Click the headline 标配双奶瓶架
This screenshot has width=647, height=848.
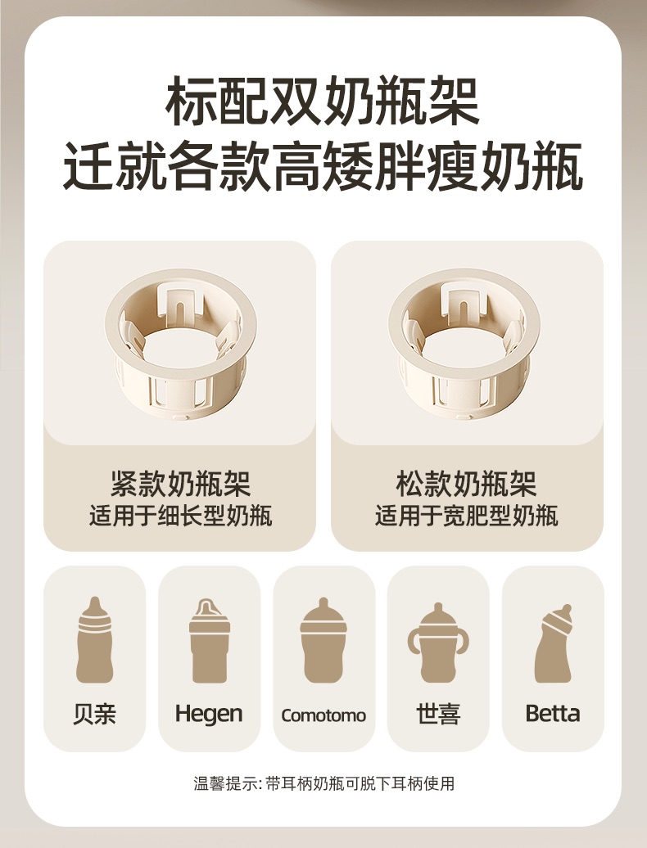point(323,102)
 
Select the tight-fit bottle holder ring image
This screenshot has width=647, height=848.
point(181,344)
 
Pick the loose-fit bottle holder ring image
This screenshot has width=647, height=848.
point(464,344)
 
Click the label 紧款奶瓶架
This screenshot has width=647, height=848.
point(181,484)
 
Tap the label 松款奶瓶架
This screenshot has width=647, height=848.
point(466,484)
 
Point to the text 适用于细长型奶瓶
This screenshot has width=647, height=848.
point(181,516)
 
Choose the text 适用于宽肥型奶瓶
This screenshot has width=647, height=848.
point(466,516)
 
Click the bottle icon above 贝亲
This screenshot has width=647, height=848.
point(95,640)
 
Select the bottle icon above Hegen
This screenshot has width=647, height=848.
point(210,641)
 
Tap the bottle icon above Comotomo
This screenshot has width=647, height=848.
point(323,640)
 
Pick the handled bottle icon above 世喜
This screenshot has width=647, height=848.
point(438,643)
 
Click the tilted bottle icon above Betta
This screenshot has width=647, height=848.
point(553,643)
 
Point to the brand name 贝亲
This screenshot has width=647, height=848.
point(95,714)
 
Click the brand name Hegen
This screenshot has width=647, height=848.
point(209,715)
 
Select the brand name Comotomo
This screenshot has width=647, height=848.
point(323,715)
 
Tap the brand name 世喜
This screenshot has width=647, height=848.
point(438,714)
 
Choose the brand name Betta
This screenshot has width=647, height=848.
point(553,714)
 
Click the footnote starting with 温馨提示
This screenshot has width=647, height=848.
point(324,783)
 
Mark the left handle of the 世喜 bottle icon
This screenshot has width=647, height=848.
point(414,643)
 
